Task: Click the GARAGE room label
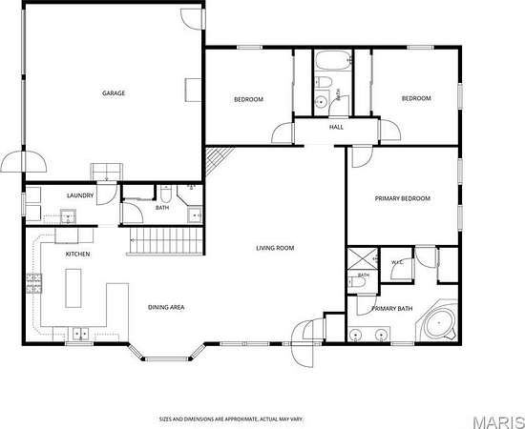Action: coord(114,93)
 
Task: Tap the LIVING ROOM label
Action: coord(275,248)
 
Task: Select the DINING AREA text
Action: coord(166,307)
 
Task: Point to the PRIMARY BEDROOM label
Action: coord(403,198)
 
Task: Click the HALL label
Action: coord(336,127)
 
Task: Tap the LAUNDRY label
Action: coord(80,195)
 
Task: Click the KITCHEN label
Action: coord(77,255)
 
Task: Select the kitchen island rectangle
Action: coord(73,288)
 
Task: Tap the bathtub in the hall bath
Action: coord(333,60)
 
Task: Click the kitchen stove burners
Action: coord(34,283)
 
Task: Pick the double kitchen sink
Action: coord(81,334)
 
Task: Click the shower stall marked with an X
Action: coord(363,258)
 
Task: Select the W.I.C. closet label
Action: coord(397,262)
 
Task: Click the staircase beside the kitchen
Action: coord(166,241)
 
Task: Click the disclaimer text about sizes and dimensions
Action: coord(231,419)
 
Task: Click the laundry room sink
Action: coord(68,216)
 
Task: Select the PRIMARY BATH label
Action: coord(392,308)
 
